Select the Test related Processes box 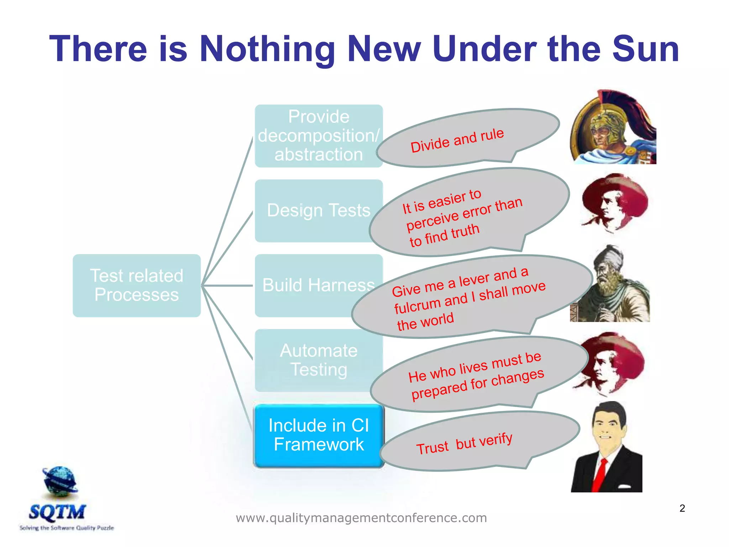[x=137, y=285]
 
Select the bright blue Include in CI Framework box [x=319, y=435]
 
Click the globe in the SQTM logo [x=60, y=481]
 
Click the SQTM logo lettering [x=57, y=512]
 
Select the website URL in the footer [x=361, y=517]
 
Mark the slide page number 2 [x=682, y=508]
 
